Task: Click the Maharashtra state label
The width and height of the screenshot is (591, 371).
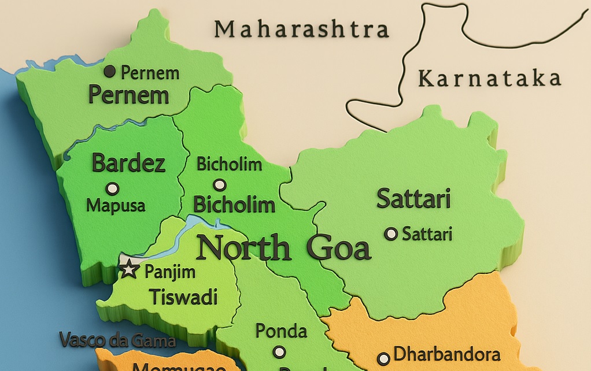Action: (301, 29)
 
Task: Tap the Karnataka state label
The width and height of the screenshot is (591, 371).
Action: (489, 78)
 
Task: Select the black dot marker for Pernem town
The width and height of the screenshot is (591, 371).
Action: (110, 72)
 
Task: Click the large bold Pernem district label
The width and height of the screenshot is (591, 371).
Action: (128, 94)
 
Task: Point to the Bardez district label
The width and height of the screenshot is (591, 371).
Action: (128, 164)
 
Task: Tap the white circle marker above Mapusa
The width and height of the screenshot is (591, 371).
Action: (113, 188)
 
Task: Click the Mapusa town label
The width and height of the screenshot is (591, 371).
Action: (116, 205)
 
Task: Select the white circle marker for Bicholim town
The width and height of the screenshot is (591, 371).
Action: (220, 185)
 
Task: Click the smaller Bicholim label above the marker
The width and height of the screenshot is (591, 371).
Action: (229, 164)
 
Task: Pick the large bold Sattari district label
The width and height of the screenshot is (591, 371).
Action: (413, 199)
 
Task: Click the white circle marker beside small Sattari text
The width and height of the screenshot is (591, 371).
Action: (391, 234)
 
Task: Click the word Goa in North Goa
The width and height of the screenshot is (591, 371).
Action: (338, 248)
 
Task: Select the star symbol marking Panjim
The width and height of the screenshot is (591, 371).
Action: (128, 269)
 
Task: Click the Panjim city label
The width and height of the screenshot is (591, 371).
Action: (169, 271)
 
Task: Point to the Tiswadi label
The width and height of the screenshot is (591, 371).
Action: (183, 297)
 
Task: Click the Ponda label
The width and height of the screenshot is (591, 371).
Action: (281, 331)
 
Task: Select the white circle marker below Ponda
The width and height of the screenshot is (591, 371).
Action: (280, 352)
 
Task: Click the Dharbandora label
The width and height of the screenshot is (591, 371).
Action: (446, 354)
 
